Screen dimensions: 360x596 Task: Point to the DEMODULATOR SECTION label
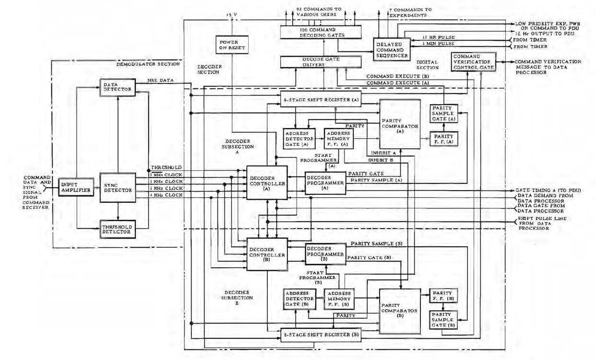(x=148, y=64)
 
